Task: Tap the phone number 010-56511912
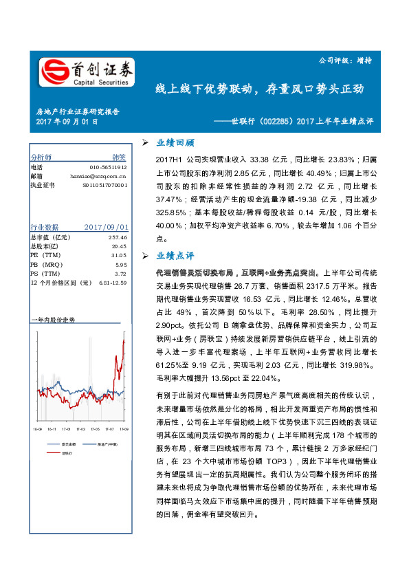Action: pos(108,167)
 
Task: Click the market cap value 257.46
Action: pos(118,237)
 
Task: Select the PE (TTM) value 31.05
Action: pos(119,255)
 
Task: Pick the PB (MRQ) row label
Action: pos(44,264)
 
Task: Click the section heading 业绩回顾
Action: pos(175,143)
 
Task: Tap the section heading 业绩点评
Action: pos(175,255)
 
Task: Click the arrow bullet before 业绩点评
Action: pos(146,255)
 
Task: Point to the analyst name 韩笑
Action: pos(119,157)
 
